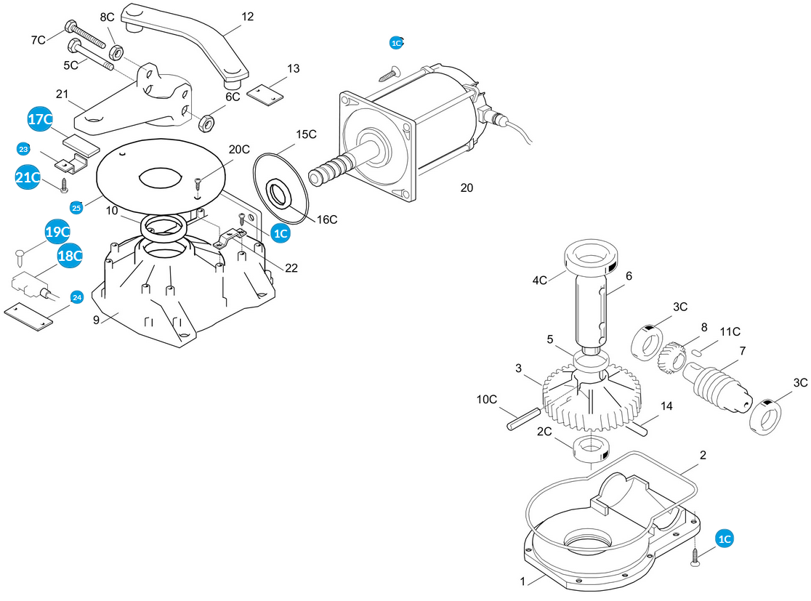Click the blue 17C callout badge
40,119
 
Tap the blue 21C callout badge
28,177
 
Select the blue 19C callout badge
57,232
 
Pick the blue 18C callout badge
70,256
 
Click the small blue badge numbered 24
77,297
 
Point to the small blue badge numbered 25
76,208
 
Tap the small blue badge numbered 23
23,150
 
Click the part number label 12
248,17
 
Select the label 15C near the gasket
306,134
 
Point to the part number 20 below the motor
467,187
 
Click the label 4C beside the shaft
539,281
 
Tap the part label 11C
730,331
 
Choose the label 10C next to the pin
486,399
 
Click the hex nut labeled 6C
206,123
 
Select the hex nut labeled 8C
116,52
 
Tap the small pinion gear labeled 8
672,357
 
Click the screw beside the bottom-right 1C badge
695,557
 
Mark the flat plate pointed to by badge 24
28,317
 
